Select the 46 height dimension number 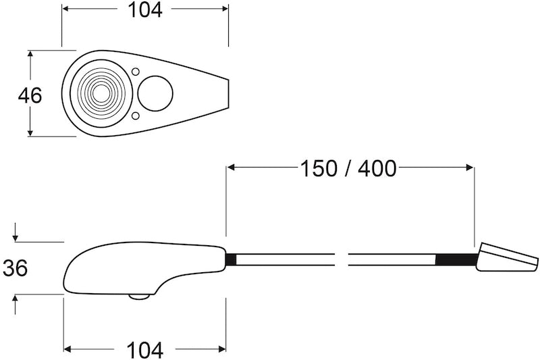click(30, 95)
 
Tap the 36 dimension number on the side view click(15, 268)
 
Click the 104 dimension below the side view click(145, 350)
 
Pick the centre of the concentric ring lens click(99, 93)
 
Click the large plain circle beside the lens click(155, 93)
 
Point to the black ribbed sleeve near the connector click(456, 260)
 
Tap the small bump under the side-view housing click(140, 296)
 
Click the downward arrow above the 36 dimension click(15, 236)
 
